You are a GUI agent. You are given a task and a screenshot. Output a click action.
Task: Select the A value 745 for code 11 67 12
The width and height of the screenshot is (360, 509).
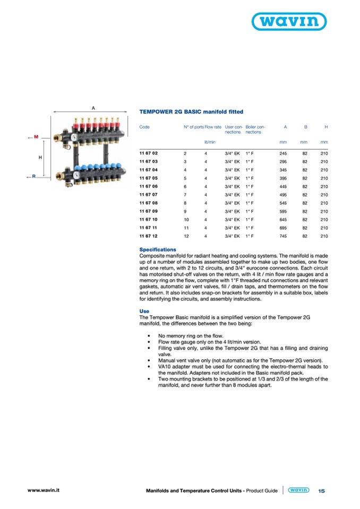pos(283,236)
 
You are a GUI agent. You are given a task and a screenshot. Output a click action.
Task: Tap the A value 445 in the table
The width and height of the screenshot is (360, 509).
pos(283,186)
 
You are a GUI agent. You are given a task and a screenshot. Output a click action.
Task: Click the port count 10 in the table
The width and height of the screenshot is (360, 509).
pos(186,219)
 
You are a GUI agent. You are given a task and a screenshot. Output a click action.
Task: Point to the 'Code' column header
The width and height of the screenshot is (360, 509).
pos(144,127)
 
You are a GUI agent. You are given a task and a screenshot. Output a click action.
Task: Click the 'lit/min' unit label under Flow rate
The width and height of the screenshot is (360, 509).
pos(209,142)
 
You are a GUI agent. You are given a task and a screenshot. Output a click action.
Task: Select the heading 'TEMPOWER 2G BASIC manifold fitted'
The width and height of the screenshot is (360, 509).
pos(191,112)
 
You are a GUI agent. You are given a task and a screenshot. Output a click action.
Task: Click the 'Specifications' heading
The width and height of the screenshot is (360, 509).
pos(158,249)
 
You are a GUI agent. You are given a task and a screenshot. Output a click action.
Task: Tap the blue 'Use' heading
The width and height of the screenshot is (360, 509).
pos(144,312)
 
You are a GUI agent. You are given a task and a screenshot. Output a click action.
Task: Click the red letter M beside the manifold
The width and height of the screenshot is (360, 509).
pos(36,137)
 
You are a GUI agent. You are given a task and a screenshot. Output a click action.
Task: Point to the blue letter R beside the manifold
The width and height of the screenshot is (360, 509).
pos(33,176)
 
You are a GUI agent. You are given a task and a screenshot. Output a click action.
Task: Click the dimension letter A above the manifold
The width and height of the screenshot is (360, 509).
pos(93,108)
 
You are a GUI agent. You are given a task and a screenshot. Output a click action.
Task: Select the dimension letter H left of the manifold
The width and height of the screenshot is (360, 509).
pos(40,158)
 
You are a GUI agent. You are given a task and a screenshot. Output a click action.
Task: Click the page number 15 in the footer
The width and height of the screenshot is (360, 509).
pos(321,491)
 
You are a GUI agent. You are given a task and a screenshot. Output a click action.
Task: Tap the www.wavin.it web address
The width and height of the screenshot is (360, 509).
pos(43,490)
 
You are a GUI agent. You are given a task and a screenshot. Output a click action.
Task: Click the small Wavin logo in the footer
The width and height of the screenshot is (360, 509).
pos(298,491)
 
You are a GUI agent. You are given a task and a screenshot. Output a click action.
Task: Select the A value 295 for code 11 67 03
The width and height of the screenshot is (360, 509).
pos(283,162)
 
